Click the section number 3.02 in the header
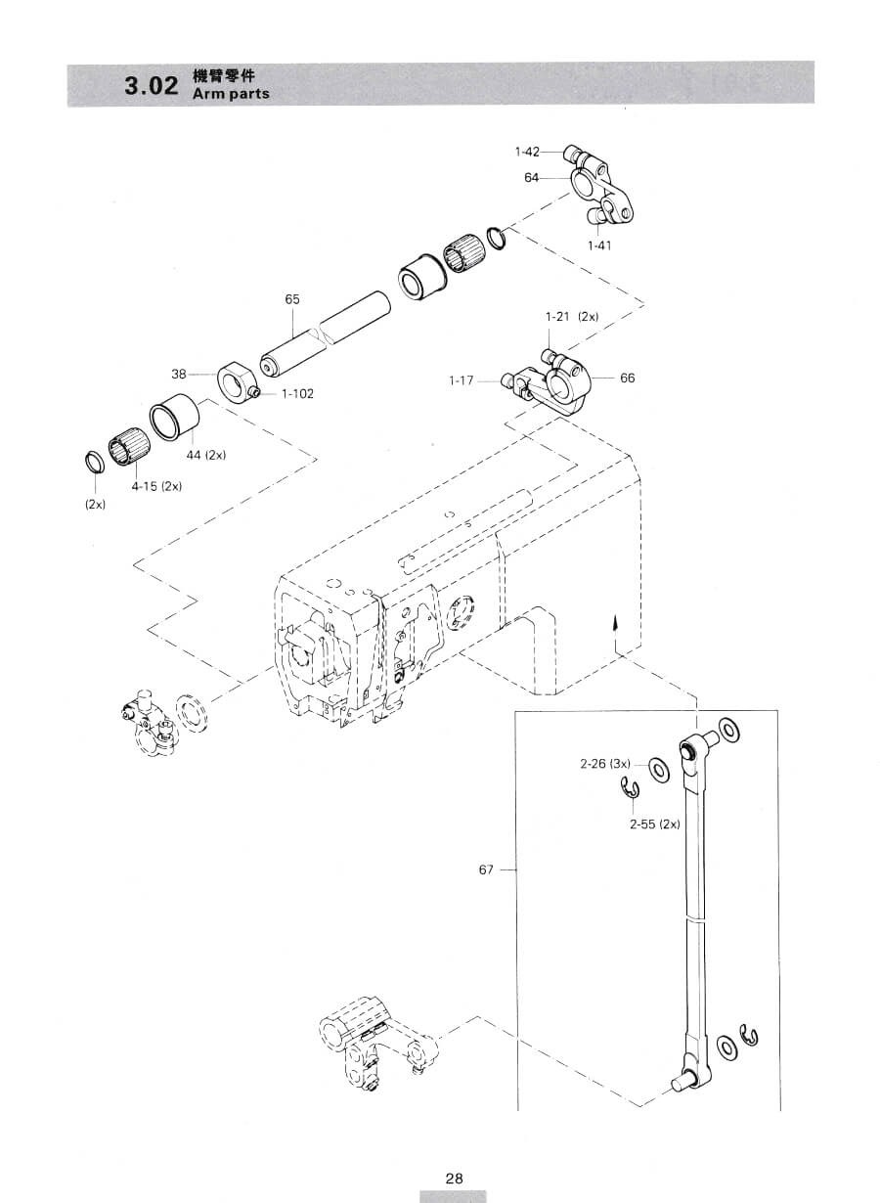pyautogui.click(x=151, y=86)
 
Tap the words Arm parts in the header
pyautogui.click(x=231, y=94)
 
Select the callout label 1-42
pyautogui.click(x=527, y=152)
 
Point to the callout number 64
pyautogui.click(x=531, y=177)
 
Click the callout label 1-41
pyautogui.click(x=599, y=245)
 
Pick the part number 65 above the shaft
pyautogui.click(x=292, y=299)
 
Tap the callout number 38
pyautogui.click(x=179, y=374)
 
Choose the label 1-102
pyautogui.click(x=297, y=393)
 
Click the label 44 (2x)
pyautogui.click(x=206, y=455)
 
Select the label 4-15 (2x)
pyautogui.click(x=156, y=486)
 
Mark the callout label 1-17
pyautogui.click(x=462, y=380)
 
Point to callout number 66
pyautogui.click(x=627, y=379)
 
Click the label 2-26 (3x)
pyautogui.click(x=605, y=764)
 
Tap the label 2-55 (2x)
pyautogui.click(x=655, y=824)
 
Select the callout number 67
pyautogui.click(x=486, y=869)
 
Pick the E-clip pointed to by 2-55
pyautogui.click(x=630, y=789)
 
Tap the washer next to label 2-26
pyautogui.click(x=658, y=771)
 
